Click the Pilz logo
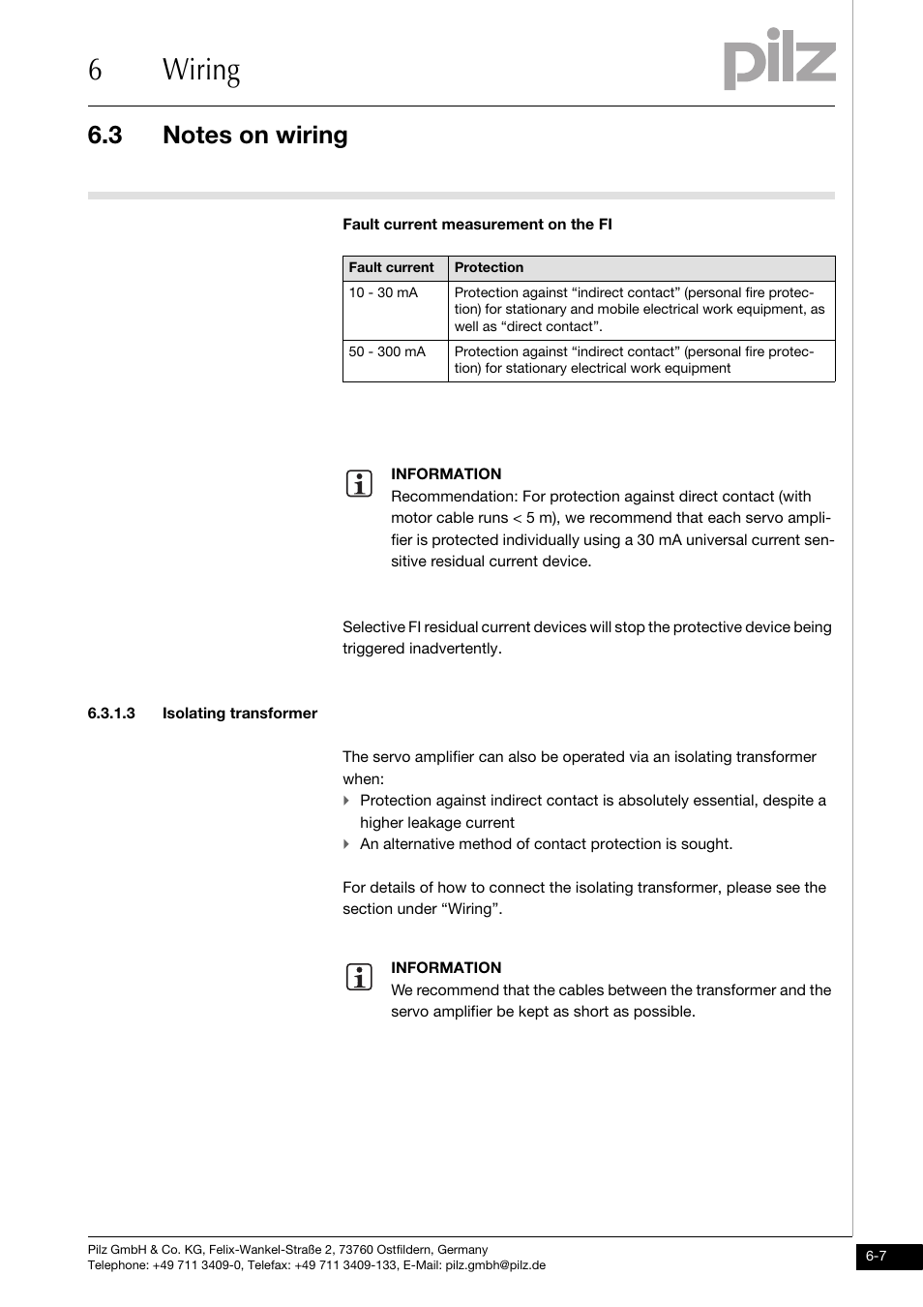779,60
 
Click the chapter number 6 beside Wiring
94,71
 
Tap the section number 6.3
104,136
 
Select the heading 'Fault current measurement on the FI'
477,225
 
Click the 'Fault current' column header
392,268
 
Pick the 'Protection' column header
489,268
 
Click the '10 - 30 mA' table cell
383,292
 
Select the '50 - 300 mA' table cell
387,351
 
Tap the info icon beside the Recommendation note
358,484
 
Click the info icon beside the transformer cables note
358,978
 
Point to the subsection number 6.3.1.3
111,714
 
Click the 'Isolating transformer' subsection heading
240,714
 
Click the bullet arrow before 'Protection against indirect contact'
346,801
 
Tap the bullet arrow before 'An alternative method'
346,844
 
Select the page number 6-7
877,1257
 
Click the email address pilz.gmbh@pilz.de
495,1265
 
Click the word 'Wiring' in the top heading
201,71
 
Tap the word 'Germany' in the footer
462,1250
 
